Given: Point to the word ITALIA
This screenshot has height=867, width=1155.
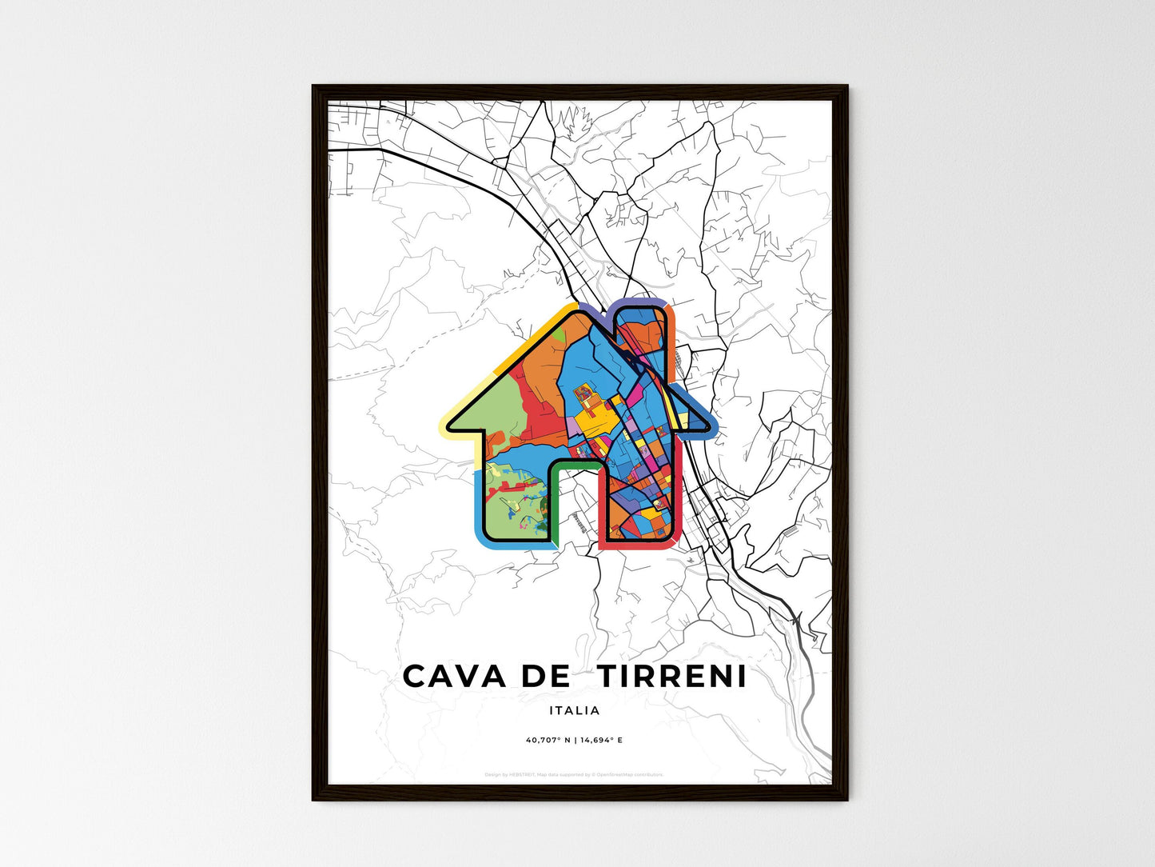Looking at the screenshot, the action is (x=574, y=710).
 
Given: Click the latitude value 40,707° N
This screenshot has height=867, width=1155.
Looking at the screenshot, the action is (x=548, y=740).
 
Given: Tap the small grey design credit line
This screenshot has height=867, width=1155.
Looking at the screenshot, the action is (x=574, y=774).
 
